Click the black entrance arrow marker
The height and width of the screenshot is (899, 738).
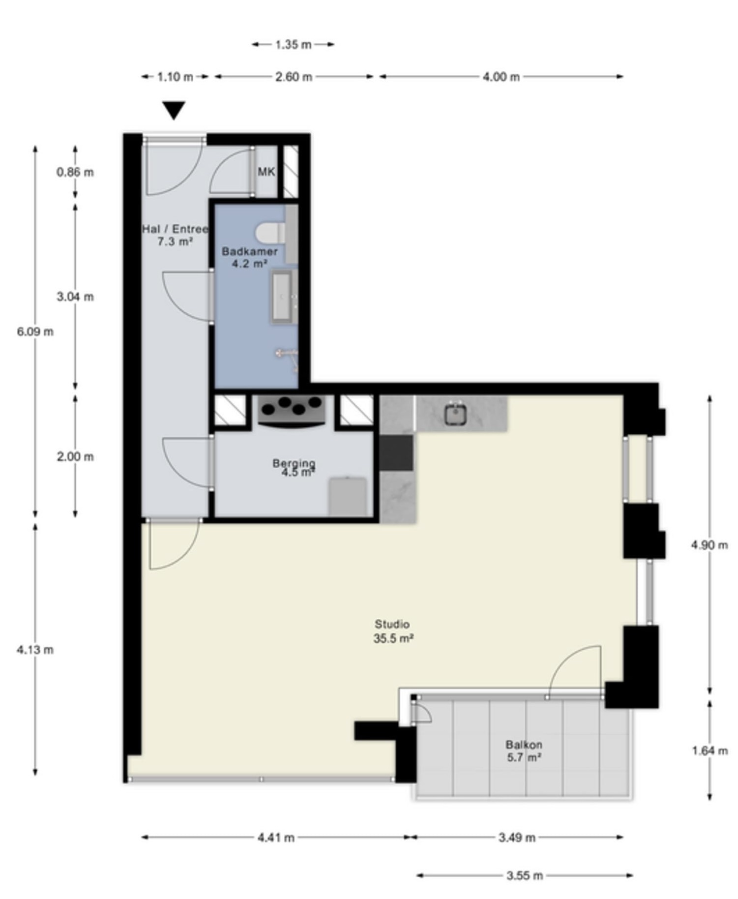click(x=174, y=109)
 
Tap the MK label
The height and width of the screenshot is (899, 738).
click(x=266, y=172)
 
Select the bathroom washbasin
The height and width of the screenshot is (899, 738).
click(x=283, y=297)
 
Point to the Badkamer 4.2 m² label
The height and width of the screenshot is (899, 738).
click(x=249, y=257)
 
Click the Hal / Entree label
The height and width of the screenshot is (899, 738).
click(x=175, y=235)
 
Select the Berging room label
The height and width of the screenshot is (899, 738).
click(x=294, y=468)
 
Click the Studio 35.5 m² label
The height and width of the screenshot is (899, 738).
click(x=392, y=631)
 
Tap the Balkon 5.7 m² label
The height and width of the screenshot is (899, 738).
click(x=524, y=750)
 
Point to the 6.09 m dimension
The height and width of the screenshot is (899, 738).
click(x=35, y=331)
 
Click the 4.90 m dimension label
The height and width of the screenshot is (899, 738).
click(x=709, y=544)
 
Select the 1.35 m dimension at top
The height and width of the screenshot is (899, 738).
click(x=293, y=45)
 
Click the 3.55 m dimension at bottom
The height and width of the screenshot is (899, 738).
click(x=524, y=875)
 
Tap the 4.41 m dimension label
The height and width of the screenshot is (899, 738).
click(x=276, y=837)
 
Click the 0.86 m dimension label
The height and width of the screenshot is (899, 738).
click(x=75, y=172)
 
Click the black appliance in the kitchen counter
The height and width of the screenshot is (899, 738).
click(x=396, y=453)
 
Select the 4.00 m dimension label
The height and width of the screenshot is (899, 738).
click(x=501, y=77)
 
